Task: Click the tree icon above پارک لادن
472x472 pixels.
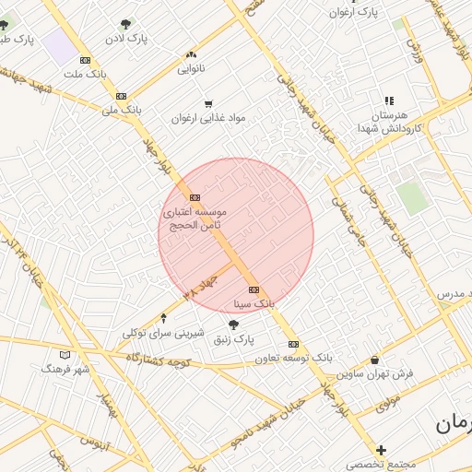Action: tap(126, 24)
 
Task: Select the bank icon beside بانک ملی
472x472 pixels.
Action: tap(121, 96)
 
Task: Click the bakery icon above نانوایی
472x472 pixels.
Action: tap(191, 54)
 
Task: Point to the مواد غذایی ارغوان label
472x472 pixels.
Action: tap(210, 118)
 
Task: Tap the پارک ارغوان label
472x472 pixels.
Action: tap(357, 12)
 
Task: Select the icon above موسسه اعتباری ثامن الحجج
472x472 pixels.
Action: tap(195, 197)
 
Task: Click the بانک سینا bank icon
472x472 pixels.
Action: tap(254, 289)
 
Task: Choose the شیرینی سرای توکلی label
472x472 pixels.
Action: tap(162, 332)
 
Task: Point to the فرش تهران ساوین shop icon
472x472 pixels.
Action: tap(374, 360)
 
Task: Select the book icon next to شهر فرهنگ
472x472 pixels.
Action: tap(65, 355)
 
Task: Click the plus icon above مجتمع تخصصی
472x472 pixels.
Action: tap(382, 450)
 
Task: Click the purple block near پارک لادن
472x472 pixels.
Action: tap(60, 46)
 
